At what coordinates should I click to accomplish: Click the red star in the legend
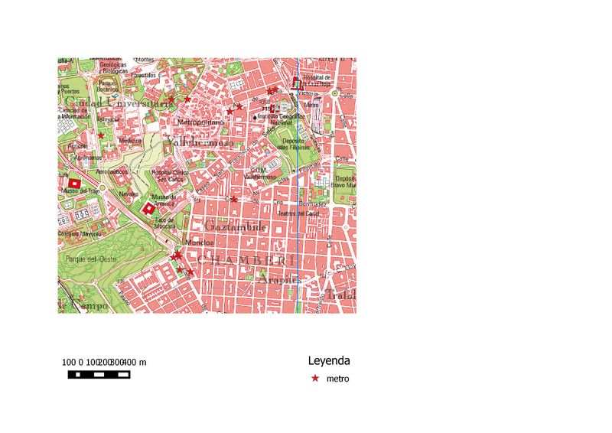click(314, 379)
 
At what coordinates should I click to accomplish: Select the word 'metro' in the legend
click(337, 379)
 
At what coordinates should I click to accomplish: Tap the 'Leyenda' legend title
click(329, 360)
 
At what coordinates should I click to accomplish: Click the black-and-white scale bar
click(99, 375)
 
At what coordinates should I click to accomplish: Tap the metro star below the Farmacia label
click(101, 135)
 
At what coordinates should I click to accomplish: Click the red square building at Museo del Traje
click(74, 184)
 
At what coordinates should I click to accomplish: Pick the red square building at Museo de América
click(148, 207)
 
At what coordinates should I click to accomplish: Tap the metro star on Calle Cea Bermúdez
click(234, 199)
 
